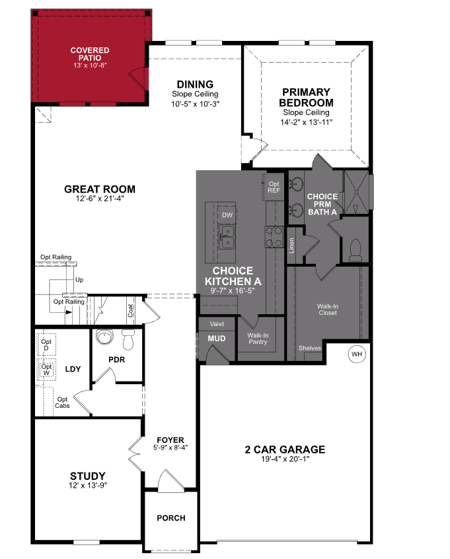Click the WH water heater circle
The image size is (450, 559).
(357, 354)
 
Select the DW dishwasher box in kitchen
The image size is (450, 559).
(227, 215)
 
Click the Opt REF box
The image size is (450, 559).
(274, 186)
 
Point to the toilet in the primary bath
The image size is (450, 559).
(354, 249)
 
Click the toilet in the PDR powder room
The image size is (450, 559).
(128, 340)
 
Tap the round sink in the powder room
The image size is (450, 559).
(104, 338)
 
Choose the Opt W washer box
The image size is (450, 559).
(46, 371)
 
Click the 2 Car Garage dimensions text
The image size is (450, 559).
(285, 459)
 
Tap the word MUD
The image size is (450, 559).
(217, 339)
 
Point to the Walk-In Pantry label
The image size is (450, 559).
(257, 339)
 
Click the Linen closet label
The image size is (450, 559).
(291, 246)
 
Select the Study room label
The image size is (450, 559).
(88, 475)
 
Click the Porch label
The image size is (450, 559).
(170, 518)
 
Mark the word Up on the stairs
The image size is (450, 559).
(79, 280)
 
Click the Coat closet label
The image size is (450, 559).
(131, 310)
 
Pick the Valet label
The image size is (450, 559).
(217, 324)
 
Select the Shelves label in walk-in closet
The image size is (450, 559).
(310, 348)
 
